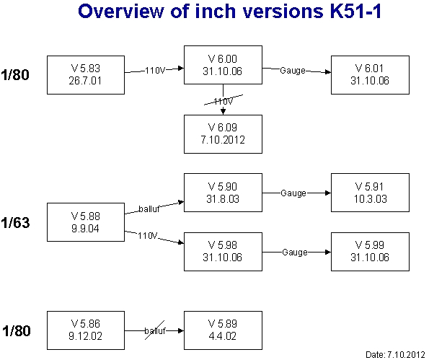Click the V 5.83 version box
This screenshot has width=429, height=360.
(86, 75)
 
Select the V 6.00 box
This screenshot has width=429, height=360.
(223, 65)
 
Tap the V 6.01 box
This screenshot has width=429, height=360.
(370, 75)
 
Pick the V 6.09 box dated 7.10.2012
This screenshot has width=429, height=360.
(223, 134)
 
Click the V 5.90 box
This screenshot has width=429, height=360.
(223, 193)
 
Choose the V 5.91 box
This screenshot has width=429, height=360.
(370, 193)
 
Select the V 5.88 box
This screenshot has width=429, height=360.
(86, 222)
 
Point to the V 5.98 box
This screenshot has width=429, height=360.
(223, 252)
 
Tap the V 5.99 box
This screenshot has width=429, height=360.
(370, 252)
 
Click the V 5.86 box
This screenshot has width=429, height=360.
(86, 330)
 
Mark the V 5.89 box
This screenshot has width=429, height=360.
(223, 330)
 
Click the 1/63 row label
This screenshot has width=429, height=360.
(15, 223)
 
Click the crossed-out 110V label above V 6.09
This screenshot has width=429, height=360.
(224, 102)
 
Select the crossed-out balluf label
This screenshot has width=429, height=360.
(155, 330)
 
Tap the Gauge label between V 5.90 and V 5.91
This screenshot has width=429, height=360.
(293, 193)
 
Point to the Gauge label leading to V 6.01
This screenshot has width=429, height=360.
(293, 71)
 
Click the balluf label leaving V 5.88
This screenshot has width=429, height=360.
(149, 209)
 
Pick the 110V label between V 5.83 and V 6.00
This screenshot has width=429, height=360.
(155, 71)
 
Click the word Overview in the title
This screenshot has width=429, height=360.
(120, 12)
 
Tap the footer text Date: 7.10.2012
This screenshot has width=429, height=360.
(395, 354)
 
